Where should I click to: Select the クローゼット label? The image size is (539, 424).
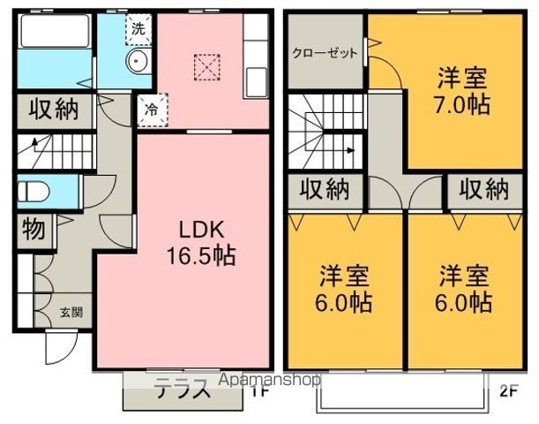[x=325, y=53]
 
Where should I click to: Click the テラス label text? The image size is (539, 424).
[x=182, y=389]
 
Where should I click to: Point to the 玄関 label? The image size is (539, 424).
[x=71, y=311]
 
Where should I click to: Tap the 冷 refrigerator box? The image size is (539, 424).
[x=151, y=110]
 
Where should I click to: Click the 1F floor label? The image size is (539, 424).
[x=257, y=389]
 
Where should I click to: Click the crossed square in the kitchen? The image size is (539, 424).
[x=206, y=65]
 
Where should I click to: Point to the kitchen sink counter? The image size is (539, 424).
[x=255, y=62]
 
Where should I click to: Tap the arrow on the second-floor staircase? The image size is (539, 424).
[x=353, y=150]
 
